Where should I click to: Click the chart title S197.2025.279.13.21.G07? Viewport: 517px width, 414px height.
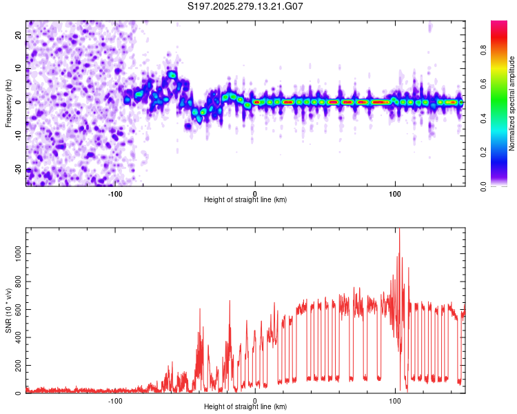pyautogui.click(x=246, y=6)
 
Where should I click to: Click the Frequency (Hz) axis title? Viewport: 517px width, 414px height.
pyautogui.click(x=8, y=103)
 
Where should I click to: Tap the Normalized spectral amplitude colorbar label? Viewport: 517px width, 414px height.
pyautogui.click(x=512, y=103)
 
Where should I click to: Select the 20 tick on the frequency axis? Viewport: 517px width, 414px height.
pyautogui.click(x=19, y=34)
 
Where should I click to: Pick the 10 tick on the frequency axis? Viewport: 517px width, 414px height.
pyautogui.click(x=19, y=68)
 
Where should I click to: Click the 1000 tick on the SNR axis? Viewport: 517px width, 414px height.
pyautogui.click(x=14, y=254)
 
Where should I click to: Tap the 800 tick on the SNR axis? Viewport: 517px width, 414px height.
pyautogui.click(x=16, y=282)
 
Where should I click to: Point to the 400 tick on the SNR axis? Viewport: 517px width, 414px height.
pyautogui.click(x=16, y=337)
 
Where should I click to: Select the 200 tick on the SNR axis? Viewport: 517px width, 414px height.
pyautogui.click(x=16, y=366)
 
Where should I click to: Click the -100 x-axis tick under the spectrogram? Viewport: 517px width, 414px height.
pyautogui.click(x=115, y=193)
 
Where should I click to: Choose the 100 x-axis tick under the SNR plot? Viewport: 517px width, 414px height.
pyautogui.click(x=395, y=400)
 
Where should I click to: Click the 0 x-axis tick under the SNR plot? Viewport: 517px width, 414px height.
pyautogui.click(x=255, y=400)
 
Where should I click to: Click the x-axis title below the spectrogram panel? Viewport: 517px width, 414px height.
pyautogui.click(x=245, y=200)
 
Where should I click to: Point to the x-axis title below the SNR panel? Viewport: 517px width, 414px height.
pyautogui.click(x=245, y=408)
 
